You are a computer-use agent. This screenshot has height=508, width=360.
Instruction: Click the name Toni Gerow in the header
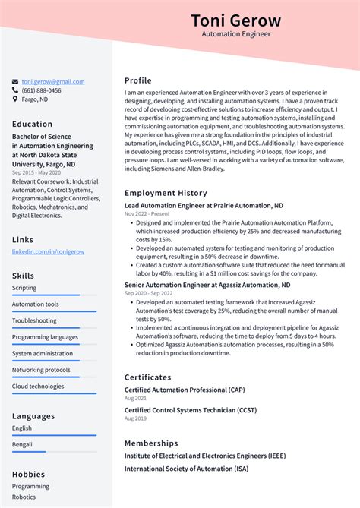pyautogui.click(x=235, y=21)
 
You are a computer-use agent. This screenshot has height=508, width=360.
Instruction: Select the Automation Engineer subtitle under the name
pyautogui.click(x=235, y=35)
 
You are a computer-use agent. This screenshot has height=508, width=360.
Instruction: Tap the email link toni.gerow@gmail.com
pyautogui.click(x=52, y=81)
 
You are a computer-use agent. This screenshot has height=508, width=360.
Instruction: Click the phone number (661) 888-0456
pyautogui.click(x=42, y=90)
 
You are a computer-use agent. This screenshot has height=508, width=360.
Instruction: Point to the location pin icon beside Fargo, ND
pyautogui.click(x=15, y=99)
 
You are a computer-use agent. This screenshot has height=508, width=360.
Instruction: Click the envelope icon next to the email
pyautogui.click(x=15, y=81)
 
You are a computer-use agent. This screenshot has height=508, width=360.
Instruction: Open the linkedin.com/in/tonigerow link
pyautogui.click(x=48, y=251)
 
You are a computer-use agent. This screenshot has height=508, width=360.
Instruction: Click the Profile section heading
pyautogui.click(x=138, y=80)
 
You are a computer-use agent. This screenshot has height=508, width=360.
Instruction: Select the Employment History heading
pyautogui.click(x=166, y=193)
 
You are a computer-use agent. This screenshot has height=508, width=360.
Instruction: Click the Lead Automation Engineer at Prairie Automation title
pyautogui.click(x=204, y=206)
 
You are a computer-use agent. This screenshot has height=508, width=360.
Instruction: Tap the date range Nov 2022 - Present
pyautogui.click(x=149, y=214)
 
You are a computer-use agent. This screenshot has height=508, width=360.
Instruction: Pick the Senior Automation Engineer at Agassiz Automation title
pyautogui.click(x=207, y=286)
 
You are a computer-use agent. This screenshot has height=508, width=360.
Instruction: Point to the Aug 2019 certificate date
pyautogui.click(x=135, y=419)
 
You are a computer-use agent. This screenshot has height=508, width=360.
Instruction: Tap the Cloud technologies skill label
pyautogui.click(x=38, y=386)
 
